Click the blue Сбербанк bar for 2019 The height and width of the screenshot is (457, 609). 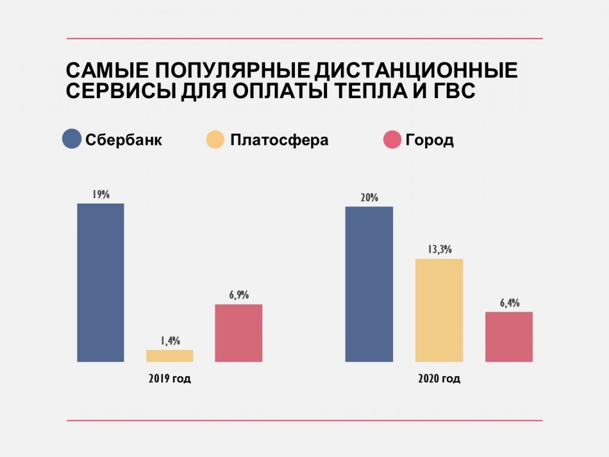(x=101, y=283)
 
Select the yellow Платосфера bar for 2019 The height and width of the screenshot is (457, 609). (x=169, y=355)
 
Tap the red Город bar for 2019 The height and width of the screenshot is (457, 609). (x=238, y=333)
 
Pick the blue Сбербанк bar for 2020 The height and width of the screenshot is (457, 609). (x=369, y=284)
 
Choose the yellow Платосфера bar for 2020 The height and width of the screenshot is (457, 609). (x=439, y=310)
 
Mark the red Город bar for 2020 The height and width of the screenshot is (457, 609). (x=508, y=336)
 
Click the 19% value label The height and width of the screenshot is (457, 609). (x=101, y=194)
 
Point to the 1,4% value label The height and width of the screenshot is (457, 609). (x=169, y=341)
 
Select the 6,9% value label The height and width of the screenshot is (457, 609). (x=238, y=295)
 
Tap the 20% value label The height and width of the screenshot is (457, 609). (x=369, y=198)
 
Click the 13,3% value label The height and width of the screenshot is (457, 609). (x=439, y=250)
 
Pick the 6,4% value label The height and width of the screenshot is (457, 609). (x=509, y=303)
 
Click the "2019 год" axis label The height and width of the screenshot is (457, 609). (x=169, y=378)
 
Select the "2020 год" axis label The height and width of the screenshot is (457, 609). (x=439, y=378)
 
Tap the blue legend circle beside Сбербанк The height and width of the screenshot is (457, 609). (x=71, y=140)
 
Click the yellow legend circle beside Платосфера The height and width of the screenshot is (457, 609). (x=215, y=140)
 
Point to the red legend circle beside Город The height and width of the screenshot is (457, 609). (x=392, y=140)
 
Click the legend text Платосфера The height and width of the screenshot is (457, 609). (x=278, y=140)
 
